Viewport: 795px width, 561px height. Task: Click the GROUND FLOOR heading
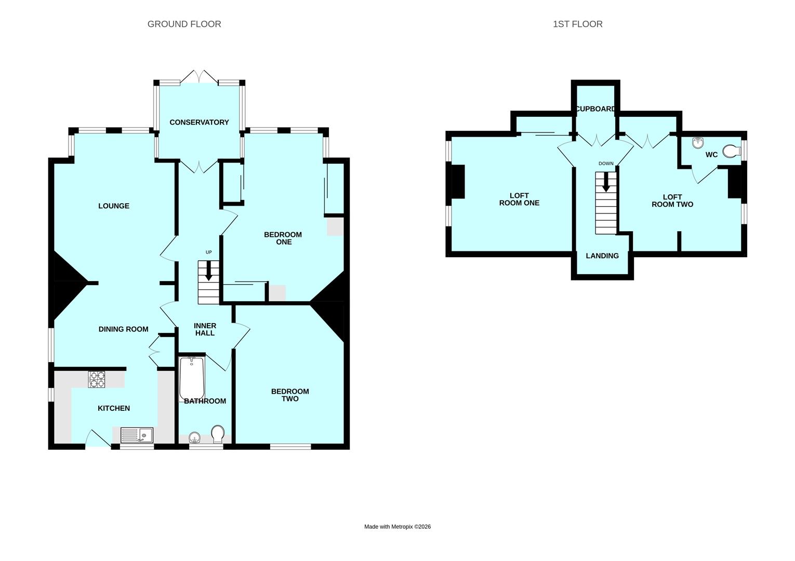pyautogui.click(x=184, y=24)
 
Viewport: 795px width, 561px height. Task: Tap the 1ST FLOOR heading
pyautogui.click(x=577, y=24)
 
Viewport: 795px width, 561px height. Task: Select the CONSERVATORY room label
pyautogui.click(x=199, y=122)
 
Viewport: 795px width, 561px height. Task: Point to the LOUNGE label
pyautogui.click(x=114, y=206)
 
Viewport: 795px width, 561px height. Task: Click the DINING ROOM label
pyautogui.click(x=123, y=329)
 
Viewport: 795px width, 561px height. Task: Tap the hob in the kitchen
pyautogui.click(x=97, y=379)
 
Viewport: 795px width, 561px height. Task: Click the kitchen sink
pyautogui.click(x=137, y=435)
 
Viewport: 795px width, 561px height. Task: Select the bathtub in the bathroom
pyautogui.click(x=192, y=379)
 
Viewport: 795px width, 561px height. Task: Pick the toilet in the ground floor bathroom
pyautogui.click(x=218, y=434)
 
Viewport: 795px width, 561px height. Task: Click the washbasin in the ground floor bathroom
pyautogui.click(x=194, y=437)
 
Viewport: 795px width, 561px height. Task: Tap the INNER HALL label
pyautogui.click(x=205, y=329)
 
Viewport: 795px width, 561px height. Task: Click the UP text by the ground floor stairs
pyautogui.click(x=209, y=252)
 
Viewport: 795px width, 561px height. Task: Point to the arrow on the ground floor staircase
pyautogui.click(x=209, y=271)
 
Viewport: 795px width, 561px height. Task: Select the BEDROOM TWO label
pyautogui.click(x=290, y=395)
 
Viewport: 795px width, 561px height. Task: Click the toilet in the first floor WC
pyautogui.click(x=732, y=151)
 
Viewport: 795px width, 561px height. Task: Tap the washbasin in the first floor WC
pyautogui.click(x=698, y=143)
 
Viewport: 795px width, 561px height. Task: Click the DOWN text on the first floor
pyautogui.click(x=606, y=164)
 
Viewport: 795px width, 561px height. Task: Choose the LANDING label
pyautogui.click(x=602, y=256)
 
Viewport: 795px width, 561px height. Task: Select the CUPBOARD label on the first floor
pyautogui.click(x=595, y=109)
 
